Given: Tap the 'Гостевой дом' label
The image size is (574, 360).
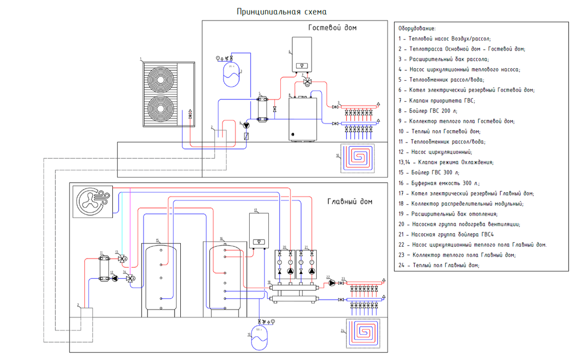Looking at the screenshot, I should pyautogui.click(x=332, y=28).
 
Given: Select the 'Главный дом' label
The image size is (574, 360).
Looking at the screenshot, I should pyautogui.click(x=349, y=201).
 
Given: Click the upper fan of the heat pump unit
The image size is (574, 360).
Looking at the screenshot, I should pyautogui.click(x=162, y=79).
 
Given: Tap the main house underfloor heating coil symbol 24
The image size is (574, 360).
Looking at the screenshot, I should pyautogui.click(x=363, y=330).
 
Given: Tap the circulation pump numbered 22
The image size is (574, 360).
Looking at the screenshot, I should pyautogui.click(x=331, y=283).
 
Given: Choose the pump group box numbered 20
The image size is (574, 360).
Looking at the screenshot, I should pyautogui.click(x=286, y=264).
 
